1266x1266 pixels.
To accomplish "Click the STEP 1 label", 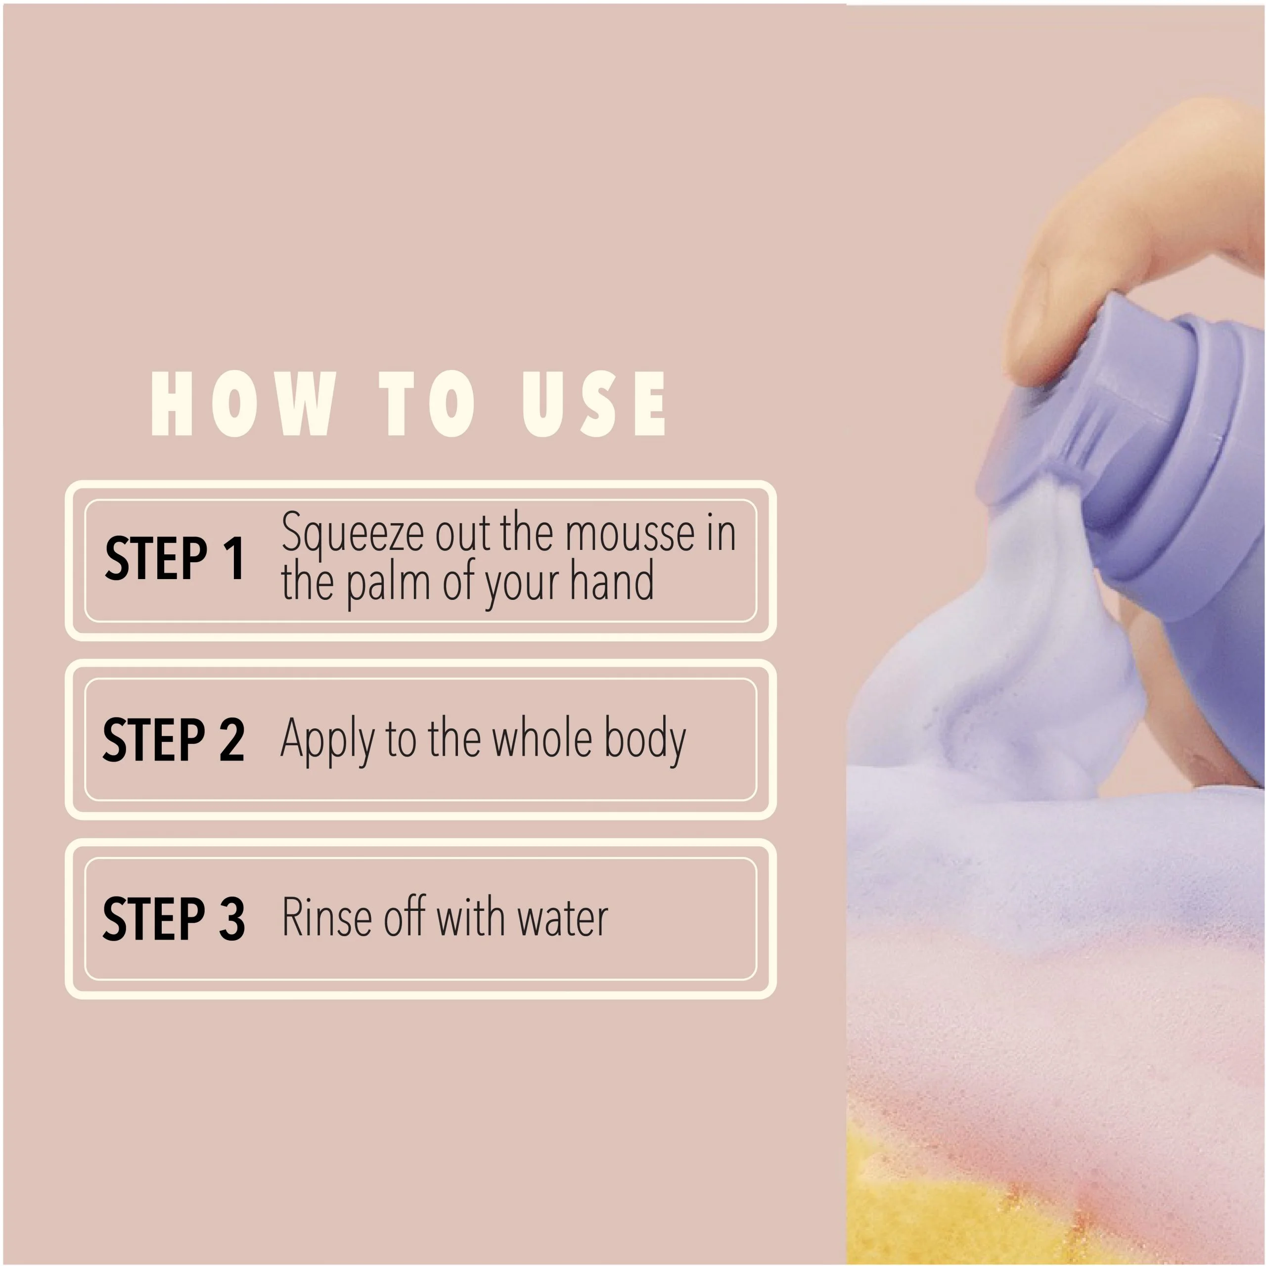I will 174,558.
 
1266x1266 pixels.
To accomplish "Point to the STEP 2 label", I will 174,739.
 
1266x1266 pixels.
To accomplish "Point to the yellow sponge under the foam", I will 917,1212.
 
